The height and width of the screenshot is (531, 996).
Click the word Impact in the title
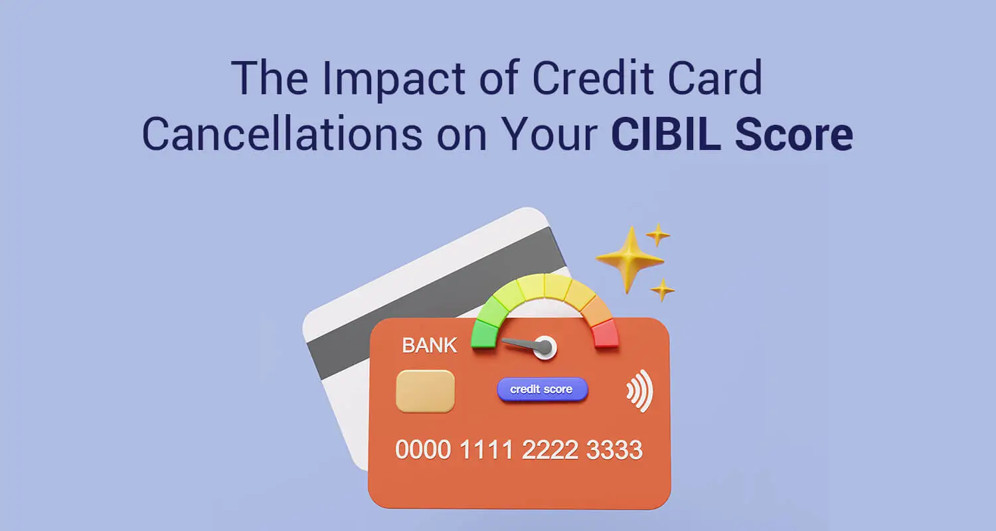394,79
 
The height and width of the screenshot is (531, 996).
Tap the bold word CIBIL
665,134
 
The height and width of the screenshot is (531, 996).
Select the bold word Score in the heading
793,134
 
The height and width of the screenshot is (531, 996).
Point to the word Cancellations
282,134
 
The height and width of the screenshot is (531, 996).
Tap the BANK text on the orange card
429,345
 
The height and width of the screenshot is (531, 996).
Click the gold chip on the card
426,391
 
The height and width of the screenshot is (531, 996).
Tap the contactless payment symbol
640,391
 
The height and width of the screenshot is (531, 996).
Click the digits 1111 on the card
486,449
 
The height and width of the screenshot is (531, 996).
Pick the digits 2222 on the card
550,449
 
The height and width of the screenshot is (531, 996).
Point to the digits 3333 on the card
614,449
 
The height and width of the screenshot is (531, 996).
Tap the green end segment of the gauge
484,334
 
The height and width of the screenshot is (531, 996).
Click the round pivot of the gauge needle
544,346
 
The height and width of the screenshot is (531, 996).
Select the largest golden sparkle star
629,260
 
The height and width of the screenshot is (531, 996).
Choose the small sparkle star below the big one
663,289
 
